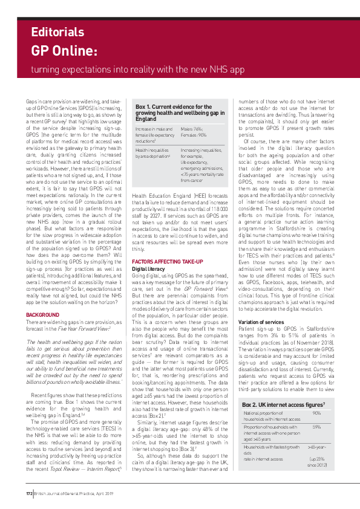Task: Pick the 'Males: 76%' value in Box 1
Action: tap(193, 129)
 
